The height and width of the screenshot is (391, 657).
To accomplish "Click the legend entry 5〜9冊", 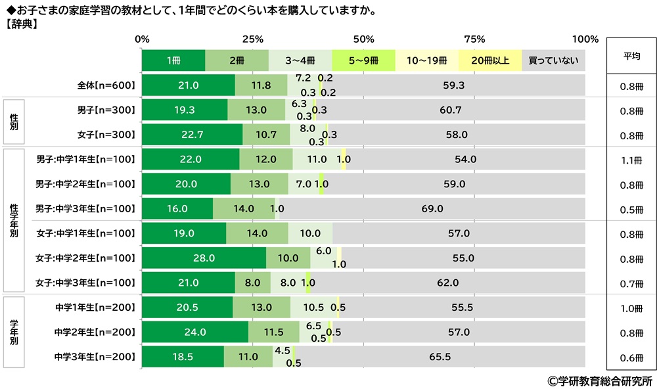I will point(363,60).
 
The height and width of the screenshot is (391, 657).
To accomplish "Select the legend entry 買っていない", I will point(553,60).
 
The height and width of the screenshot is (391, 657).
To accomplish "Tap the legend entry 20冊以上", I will point(490,60).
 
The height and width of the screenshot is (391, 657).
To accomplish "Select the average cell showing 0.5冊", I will point(631,210).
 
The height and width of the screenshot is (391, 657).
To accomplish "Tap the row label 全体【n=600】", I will point(106,85).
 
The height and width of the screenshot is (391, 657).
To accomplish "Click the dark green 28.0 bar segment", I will point(204,258).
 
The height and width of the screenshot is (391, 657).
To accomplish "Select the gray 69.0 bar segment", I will point(432,209).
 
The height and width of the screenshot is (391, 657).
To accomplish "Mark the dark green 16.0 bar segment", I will point(177,209).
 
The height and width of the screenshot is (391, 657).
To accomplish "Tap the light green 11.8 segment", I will point(261,85).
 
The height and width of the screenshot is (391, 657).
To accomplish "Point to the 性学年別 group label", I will point(14,221).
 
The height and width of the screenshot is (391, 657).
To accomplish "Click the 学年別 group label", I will point(14,333).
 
